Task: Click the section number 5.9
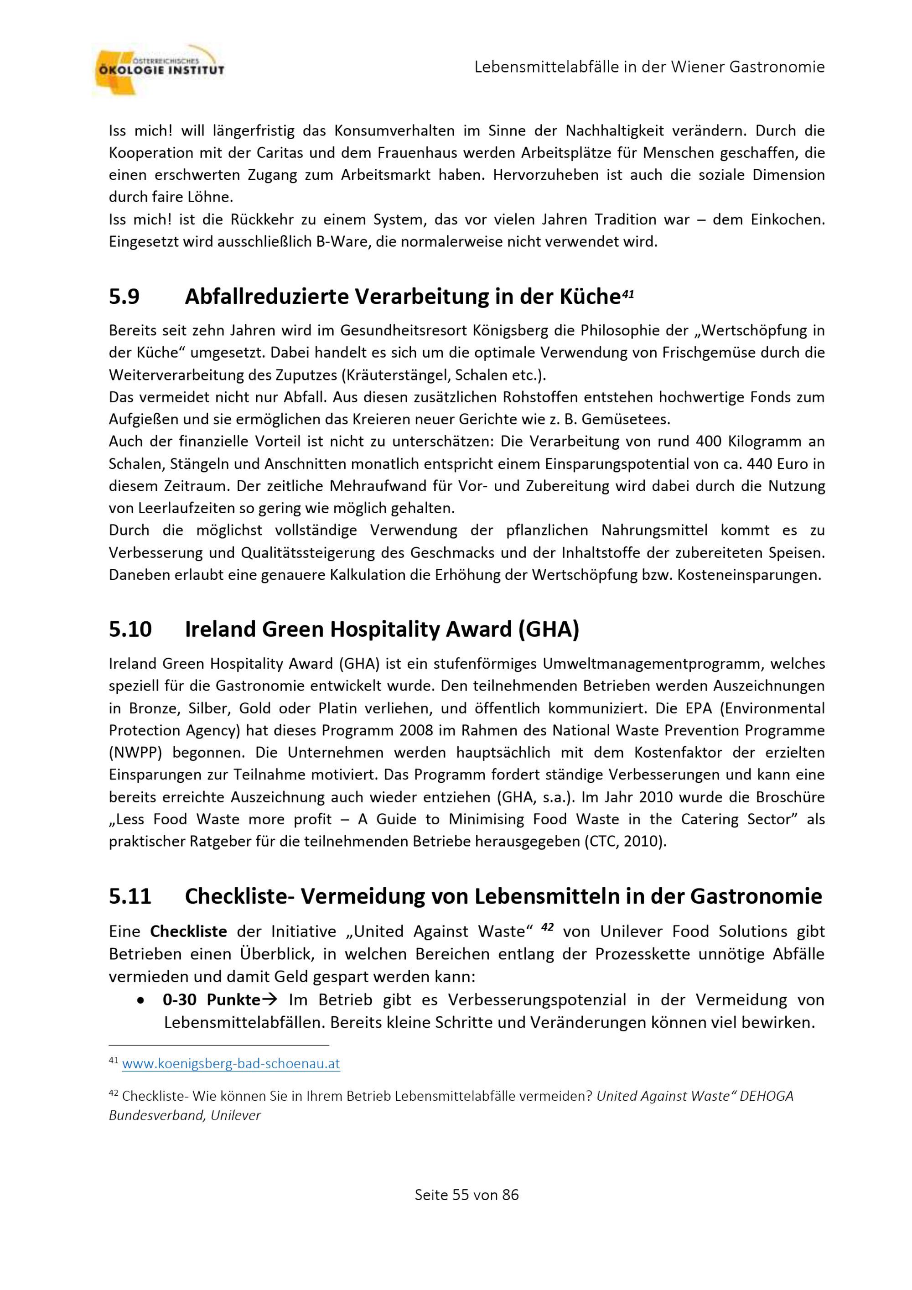124,296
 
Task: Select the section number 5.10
130,629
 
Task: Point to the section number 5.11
130,896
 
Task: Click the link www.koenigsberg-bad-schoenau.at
231,1064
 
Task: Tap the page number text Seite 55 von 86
466,1195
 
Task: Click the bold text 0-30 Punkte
212,999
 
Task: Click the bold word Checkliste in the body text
189,931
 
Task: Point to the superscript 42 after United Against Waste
548,928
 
